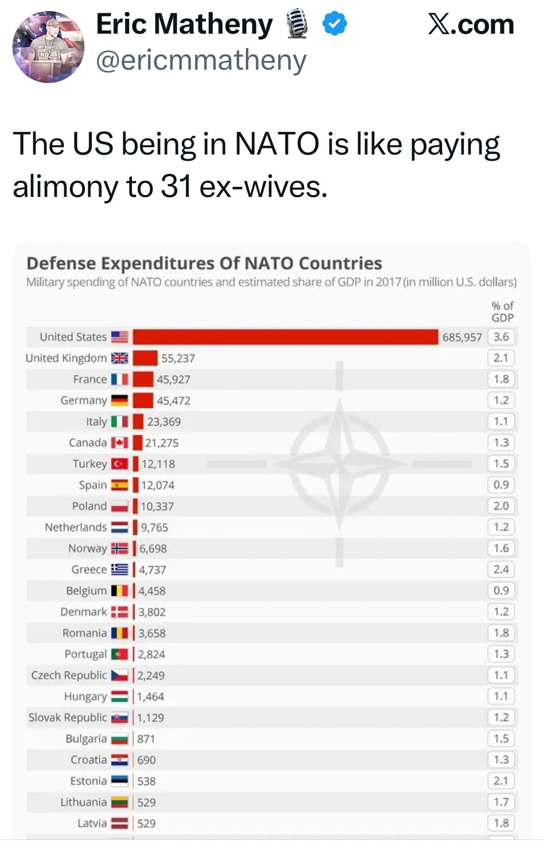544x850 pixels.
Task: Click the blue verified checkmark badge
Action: (335, 24)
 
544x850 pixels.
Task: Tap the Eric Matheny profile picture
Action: (48, 47)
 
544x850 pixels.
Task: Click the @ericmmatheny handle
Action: (201, 60)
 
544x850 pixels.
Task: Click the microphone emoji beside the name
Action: (297, 24)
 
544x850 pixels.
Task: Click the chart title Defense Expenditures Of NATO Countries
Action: (204, 263)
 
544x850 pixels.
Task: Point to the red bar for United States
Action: (285, 337)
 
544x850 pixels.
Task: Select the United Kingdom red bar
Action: (145, 358)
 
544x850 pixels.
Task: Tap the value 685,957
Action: (462, 338)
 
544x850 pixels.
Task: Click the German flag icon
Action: (120, 400)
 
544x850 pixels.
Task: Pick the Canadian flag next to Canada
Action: (120, 443)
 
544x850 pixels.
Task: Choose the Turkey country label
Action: (90, 464)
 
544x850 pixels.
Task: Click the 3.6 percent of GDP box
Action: (501, 337)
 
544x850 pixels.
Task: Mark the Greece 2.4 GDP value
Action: (501, 570)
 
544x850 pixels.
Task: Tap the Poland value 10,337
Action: (157, 506)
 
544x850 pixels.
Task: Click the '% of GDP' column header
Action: (502, 312)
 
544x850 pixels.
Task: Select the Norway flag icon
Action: (120, 548)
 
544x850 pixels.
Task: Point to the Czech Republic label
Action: (69, 675)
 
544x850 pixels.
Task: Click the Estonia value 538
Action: (146, 781)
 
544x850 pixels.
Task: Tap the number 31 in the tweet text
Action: (176, 187)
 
